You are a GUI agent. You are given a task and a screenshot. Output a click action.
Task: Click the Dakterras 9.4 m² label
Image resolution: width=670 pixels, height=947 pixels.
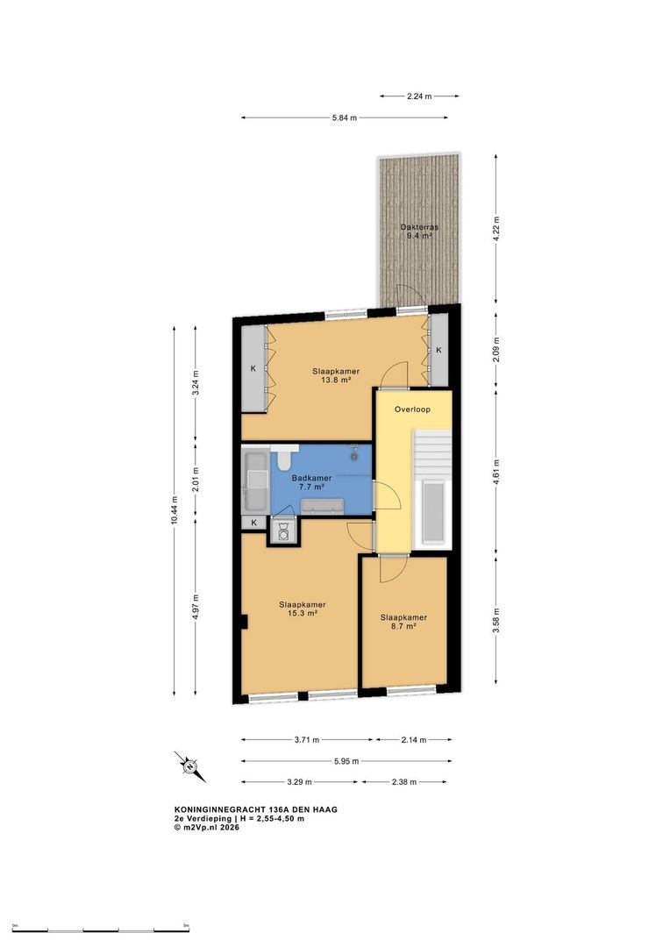tap(419, 231)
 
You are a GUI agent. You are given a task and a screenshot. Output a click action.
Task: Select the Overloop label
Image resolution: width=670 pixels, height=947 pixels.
tap(413, 409)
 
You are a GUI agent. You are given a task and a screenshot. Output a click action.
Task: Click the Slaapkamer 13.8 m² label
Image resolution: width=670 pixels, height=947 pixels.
tap(336, 375)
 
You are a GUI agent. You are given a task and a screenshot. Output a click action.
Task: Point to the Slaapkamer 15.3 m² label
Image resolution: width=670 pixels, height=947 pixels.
tap(302, 609)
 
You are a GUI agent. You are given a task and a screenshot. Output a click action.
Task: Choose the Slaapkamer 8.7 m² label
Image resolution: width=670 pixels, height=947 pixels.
tap(403, 622)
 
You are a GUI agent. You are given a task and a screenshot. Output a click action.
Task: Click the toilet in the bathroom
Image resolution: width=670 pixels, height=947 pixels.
tap(284, 458)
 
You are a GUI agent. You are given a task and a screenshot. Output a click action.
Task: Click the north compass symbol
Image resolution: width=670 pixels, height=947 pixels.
tap(190, 767)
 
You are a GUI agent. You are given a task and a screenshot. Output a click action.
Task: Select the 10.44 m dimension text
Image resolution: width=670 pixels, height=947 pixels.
tap(175, 510)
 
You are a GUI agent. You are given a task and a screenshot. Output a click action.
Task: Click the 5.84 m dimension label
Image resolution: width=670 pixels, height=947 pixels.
tap(345, 117)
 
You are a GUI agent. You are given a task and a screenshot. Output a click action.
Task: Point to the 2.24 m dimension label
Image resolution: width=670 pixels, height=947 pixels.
tap(419, 96)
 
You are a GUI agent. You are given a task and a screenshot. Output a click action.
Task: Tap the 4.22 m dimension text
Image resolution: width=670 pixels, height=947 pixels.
tap(496, 229)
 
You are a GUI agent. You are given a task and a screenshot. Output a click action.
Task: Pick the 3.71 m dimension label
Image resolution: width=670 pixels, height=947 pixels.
tap(307, 740)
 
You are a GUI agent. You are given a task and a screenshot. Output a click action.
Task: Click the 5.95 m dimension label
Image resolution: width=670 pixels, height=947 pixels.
tap(346, 761)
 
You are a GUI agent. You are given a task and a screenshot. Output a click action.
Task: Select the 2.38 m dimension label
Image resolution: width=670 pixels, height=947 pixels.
tap(403, 782)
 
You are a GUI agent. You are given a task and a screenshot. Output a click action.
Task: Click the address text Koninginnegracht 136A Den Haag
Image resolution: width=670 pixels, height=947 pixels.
tap(255, 809)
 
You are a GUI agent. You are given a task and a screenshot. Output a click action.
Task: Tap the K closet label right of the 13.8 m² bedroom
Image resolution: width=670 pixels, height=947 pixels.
tap(439, 350)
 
